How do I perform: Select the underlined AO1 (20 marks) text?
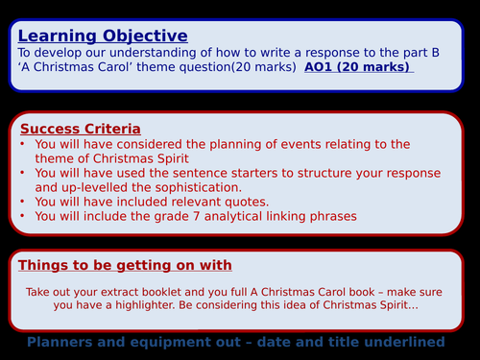[358, 67]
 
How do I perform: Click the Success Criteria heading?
[80, 128]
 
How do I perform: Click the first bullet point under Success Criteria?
[24, 144]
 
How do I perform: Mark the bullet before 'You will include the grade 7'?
[24, 217]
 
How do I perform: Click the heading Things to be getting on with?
[125, 265]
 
